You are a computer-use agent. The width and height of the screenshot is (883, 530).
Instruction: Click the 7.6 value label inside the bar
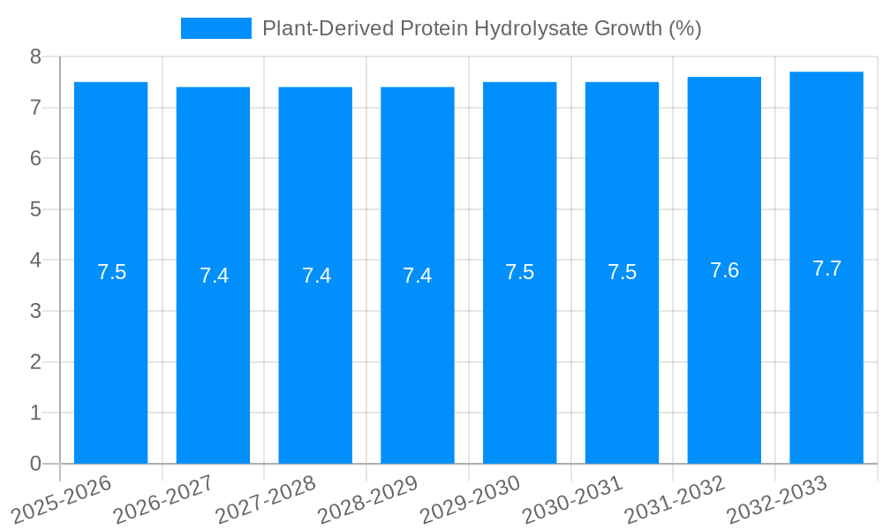tap(724, 270)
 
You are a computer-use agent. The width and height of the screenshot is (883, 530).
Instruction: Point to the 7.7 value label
tap(826, 269)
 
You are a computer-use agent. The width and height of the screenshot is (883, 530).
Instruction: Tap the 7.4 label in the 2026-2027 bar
tap(214, 276)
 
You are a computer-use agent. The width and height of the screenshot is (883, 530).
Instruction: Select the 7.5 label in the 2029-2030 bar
tap(519, 272)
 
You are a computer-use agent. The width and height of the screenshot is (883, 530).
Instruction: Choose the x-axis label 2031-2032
tap(675, 500)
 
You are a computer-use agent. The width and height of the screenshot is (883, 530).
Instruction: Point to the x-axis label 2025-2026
tap(61, 500)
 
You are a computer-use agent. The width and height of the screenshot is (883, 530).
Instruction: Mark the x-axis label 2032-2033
tap(777, 500)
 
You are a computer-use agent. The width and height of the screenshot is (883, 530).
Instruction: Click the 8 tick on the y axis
tap(35, 57)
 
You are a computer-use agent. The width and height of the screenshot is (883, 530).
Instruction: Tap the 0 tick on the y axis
tap(35, 464)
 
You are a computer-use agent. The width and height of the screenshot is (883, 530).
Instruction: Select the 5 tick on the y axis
tap(35, 209)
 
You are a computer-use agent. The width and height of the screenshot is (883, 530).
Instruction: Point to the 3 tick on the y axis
tap(35, 311)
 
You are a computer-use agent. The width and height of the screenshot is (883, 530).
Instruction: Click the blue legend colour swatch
tap(215, 28)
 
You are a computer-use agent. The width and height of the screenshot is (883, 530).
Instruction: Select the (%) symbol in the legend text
tap(684, 28)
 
